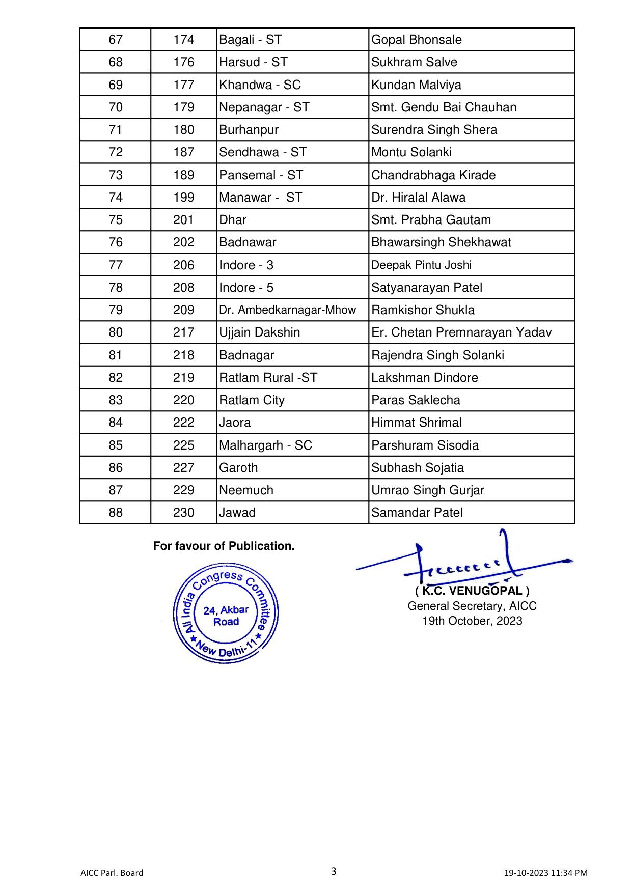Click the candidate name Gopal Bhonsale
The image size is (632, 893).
pyautogui.click(x=416, y=40)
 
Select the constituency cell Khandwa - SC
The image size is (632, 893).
pyautogui.click(x=260, y=85)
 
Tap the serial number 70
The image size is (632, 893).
pyautogui.click(x=116, y=107)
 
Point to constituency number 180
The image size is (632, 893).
pyautogui.click(x=183, y=130)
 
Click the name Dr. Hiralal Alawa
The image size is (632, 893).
pyautogui.click(x=418, y=198)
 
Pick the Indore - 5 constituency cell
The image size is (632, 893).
pyautogui.click(x=246, y=288)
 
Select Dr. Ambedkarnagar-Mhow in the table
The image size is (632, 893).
pyautogui.click(x=287, y=310)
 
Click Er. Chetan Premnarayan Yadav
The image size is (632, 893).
pyautogui.click(x=461, y=332)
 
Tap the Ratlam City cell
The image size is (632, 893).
pyautogui.click(x=252, y=400)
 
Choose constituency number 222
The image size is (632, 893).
pyautogui.click(x=183, y=423)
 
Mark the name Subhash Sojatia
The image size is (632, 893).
pyautogui.click(x=417, y=468)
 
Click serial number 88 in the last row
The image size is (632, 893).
pyautogui.click(x=116, y=513)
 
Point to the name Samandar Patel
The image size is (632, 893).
pyautogui.click(x=417, y=513)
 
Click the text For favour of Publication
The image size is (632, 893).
pyautogui.click(x=224, y=546)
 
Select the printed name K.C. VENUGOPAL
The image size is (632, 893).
pyautogui.click(x=472, y=591)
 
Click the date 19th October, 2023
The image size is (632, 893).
pyautogui.click(x=472, y=621)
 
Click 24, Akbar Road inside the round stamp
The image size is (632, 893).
pyautogui.click(x=226, y=616)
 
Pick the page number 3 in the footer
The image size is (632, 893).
pyautogui.click(x=334, y=871)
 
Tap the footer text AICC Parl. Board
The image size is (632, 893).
pyautogui.click(x=112, y=873)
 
